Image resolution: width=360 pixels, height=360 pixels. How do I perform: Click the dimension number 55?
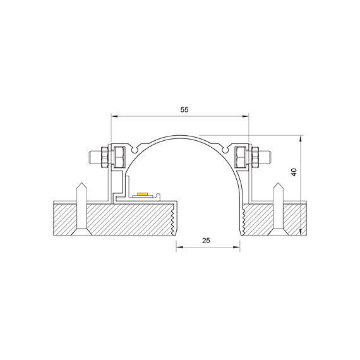[x=184, y=110]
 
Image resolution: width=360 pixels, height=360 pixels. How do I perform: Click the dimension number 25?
[x=206, y=241]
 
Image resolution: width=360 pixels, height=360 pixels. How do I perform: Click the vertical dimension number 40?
[x=294, y=172]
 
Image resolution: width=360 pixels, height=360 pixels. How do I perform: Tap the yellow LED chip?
[x=142, y=195]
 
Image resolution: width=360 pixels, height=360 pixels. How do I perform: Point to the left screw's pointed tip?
[x=81, y=183]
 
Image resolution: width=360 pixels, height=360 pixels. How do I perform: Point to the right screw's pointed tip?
[x=279, y=183]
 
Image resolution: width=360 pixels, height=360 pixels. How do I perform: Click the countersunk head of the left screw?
[x=81, y=232]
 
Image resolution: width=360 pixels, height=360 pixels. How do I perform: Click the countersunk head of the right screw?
[x=279, y=232]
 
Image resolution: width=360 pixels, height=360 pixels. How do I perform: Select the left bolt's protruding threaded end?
[x=93, y=157]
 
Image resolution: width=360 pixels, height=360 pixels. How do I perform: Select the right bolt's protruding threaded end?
[x=266, y=157]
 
